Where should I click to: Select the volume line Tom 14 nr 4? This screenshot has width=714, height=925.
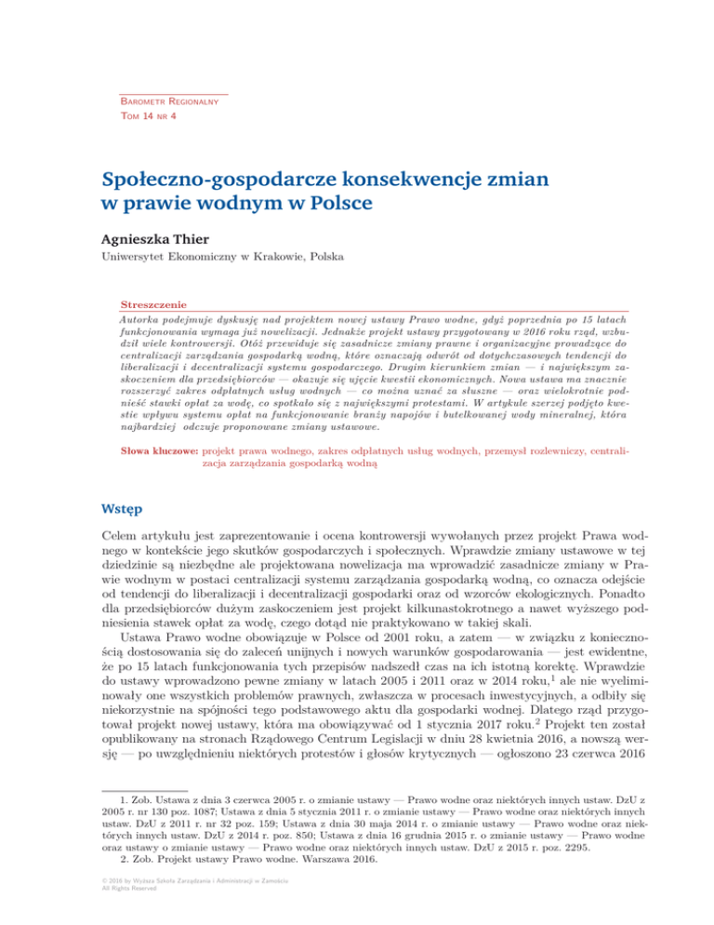click(x=150, y=115)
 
